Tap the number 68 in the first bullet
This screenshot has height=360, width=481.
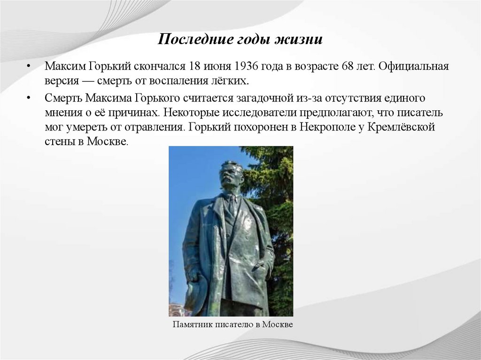[x=349, y=66]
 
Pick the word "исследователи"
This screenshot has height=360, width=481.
[x=284, y=113]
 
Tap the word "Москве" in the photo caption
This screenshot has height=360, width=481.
[x=278, y=325]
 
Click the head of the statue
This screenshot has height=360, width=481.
[x=231, y=175]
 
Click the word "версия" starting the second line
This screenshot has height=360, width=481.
[x=62, y=81]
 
